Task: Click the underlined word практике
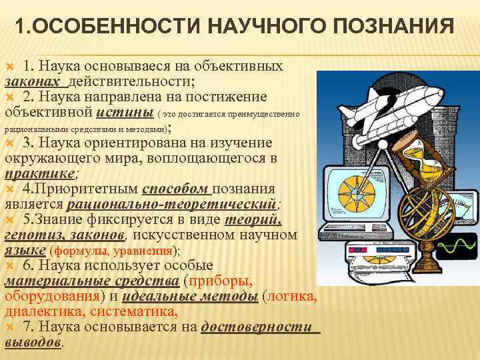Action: (x=40, y=173)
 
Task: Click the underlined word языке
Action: (x=24, y=251)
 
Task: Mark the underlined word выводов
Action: (x=33, y=342)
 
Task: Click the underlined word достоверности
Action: (x=257, y=327)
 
